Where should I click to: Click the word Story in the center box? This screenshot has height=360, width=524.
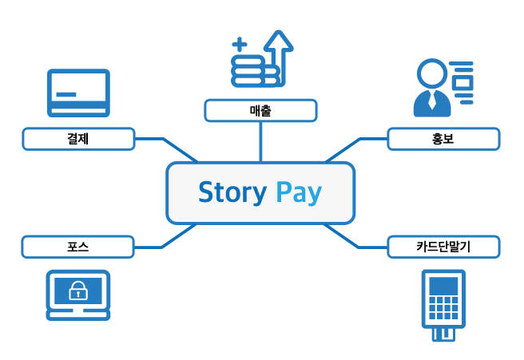click(232, 192)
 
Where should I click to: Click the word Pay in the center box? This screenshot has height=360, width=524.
click(298, 193)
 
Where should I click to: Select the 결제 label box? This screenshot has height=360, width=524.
click(77, 140)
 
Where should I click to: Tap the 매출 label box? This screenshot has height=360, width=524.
click(260, 110)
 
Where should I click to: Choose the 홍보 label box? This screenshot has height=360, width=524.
click(443, 140)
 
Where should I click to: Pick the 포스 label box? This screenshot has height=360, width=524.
click(77, 247)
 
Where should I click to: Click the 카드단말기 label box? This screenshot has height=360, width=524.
click(443, 247)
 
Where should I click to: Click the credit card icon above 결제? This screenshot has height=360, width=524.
click(78, 93)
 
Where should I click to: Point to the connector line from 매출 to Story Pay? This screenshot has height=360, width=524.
click(260, 141)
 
